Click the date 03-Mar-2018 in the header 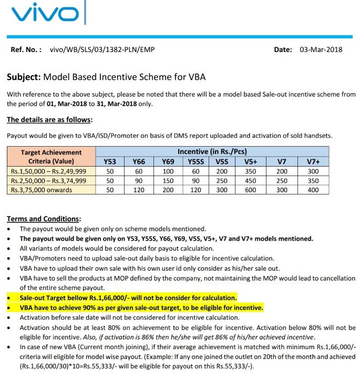[321, 50]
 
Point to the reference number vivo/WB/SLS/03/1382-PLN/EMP [102, 50]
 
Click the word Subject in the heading [23, 77]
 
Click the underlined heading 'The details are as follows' [50, 119]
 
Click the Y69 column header [168, 161]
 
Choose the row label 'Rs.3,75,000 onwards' [42, 189]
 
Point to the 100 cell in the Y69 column [168, 171]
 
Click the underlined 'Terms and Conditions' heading [43, 219]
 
